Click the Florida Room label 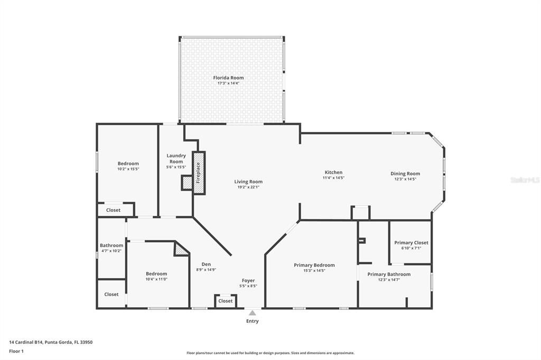point(228,78)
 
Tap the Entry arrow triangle point(253,313)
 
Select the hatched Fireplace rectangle point(199,173)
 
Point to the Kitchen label point(333,173)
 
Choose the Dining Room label point(405,174)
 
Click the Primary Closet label point(411,243)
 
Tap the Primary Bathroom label point(389,274)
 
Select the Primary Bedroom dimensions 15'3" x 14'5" point(314,270)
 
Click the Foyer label point(248,281)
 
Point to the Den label point(207,264)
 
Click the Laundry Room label point(176,158)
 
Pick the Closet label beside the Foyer point(226,301)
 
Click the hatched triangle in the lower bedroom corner point(181,249)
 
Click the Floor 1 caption point(16,351)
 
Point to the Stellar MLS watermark point(525,180)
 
